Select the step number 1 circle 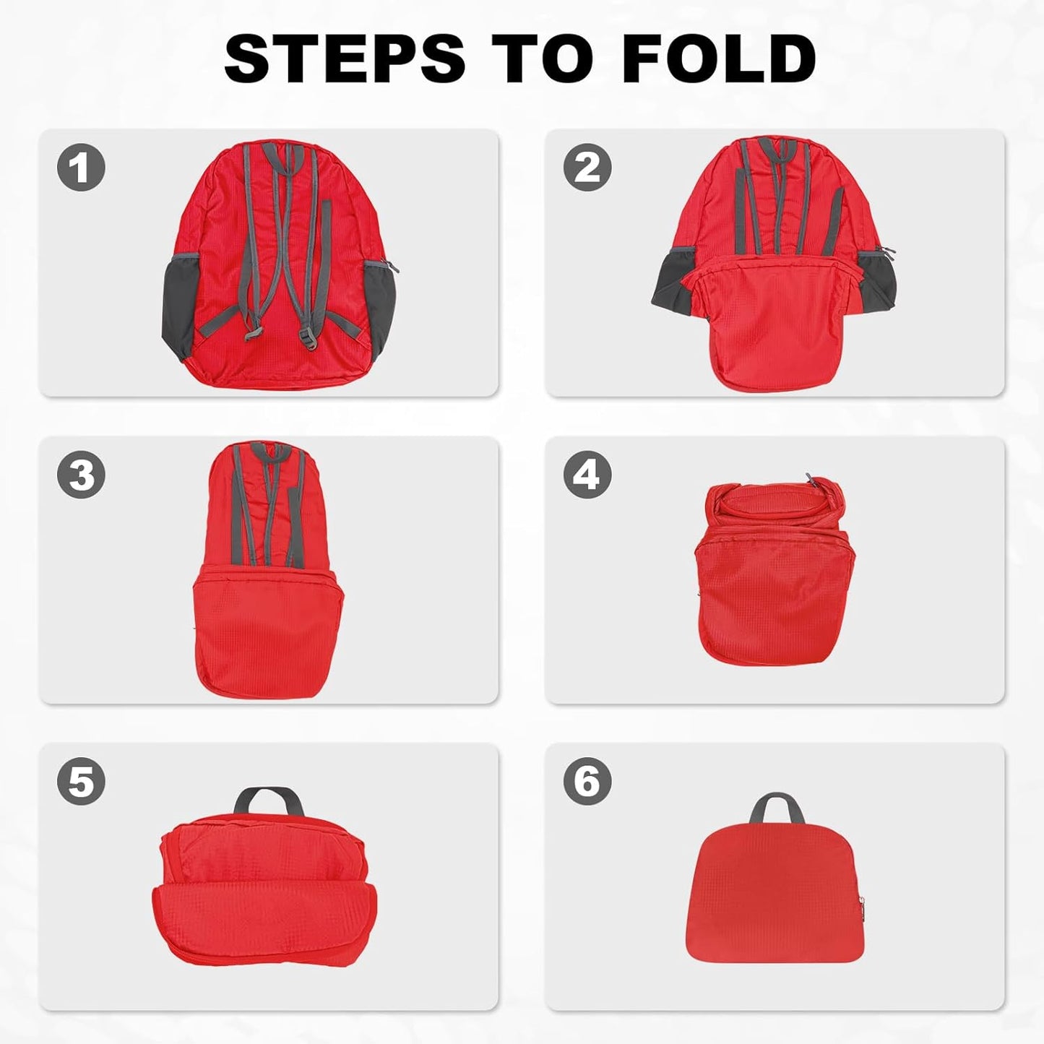click(x=81, y=167)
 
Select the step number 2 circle click(x=587, y=167)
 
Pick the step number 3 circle click(x=81, y=475)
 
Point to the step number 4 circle click(x=587, y=475)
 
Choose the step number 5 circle click(x=81, y=781)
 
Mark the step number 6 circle click(x=587, y=781)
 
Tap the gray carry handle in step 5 click(x=268, y=798)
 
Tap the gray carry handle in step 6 click(x=776, y=806)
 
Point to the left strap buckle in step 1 click(x=252, y=334)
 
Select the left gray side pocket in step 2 click(x=672, y=282)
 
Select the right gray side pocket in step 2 click(x=877, y=278)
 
